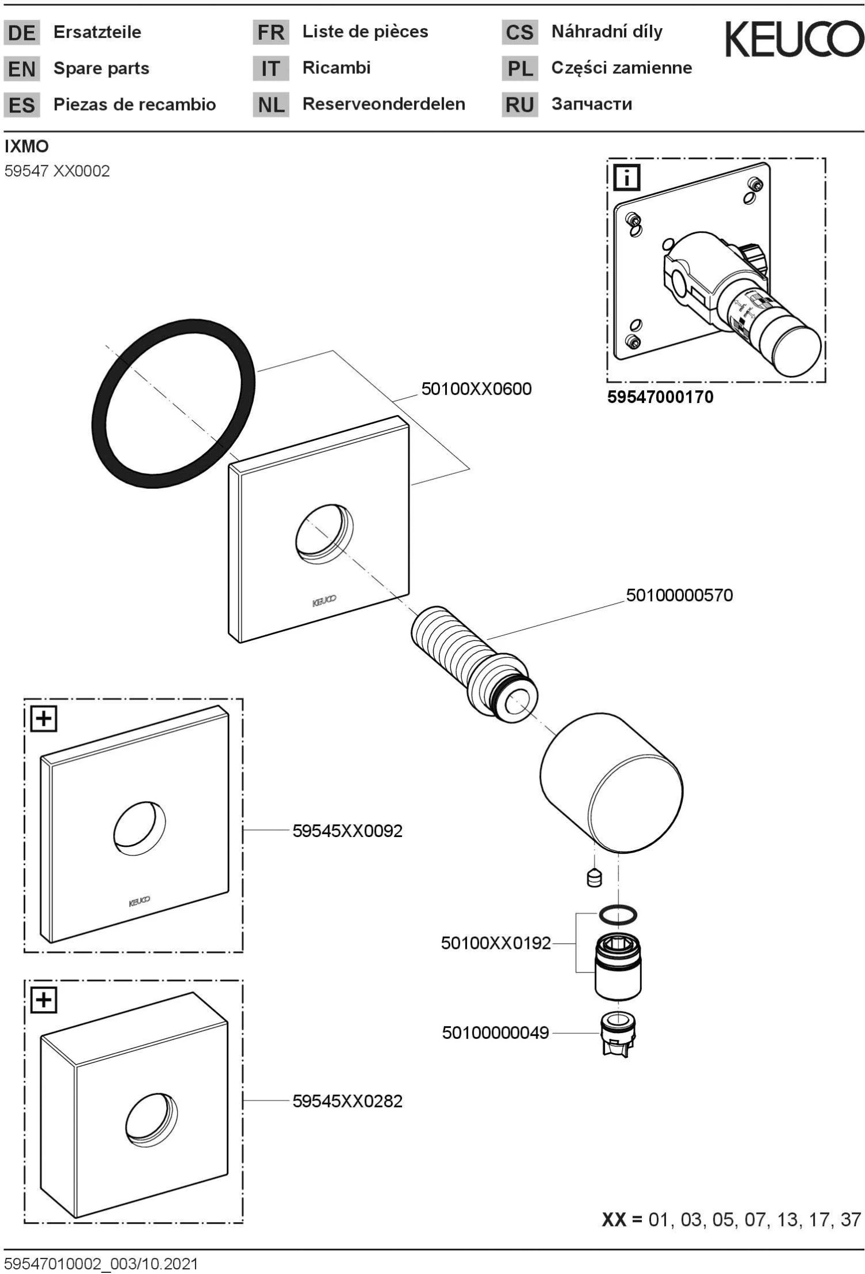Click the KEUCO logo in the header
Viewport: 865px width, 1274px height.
794,39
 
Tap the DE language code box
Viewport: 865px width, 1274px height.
22,33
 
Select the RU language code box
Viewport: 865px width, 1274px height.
519,105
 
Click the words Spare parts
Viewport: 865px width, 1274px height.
101,69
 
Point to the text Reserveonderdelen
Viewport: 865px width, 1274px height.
383,104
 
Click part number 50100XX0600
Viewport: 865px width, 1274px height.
476,389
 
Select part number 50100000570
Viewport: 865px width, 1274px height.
679,595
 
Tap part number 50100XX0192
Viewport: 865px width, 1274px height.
496,944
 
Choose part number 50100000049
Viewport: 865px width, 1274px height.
495,1032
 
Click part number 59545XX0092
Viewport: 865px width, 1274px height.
347,831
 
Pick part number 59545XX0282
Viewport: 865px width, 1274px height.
347,1101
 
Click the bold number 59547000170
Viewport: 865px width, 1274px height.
660,397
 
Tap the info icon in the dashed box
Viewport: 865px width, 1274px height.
627,177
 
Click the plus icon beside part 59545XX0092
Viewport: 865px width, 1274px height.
44,718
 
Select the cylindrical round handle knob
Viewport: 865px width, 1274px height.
611,784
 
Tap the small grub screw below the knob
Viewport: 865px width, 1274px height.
594,879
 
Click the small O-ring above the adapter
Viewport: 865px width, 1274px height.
618,914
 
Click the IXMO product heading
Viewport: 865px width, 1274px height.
27,146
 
